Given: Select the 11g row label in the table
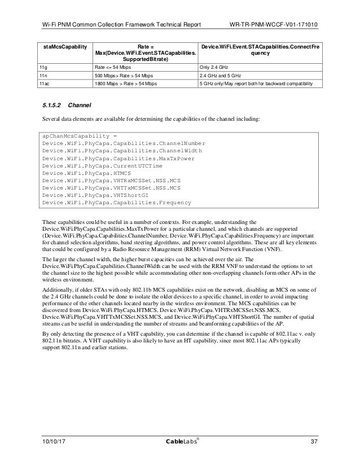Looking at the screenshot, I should pos(42,65).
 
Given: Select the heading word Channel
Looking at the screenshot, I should pos(79,105).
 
